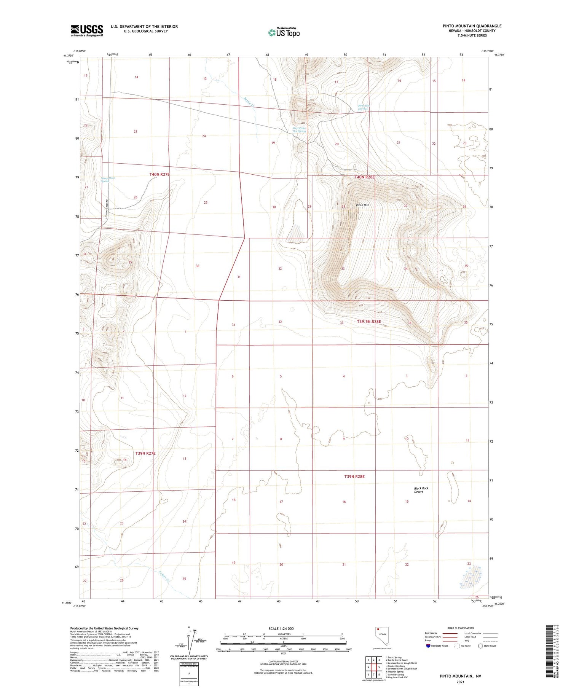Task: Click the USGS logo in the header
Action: tap(87, 30)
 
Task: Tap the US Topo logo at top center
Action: tap(284, 32)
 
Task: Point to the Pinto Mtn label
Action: tap(362, 205)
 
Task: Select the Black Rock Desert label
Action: tap(421, 490)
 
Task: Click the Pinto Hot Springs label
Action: tap(364, 107)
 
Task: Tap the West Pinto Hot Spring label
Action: tap(299, 130)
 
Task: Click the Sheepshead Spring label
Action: tap(108, 179)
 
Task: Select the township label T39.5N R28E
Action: tap(368, 322)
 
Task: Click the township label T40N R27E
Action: tap(159, 174)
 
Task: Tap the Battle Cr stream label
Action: tap(249, 101)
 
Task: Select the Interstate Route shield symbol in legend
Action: tap(428, 646)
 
